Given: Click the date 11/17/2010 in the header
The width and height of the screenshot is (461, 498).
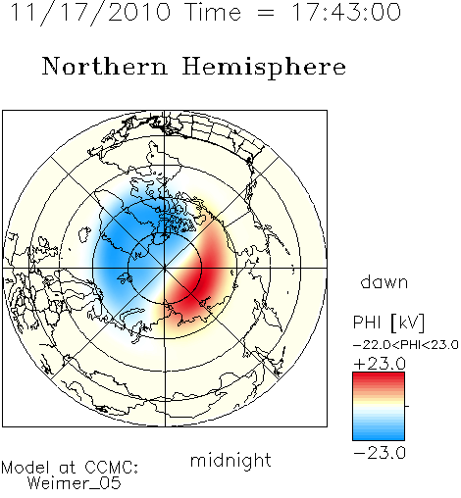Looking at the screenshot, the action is point(90,13).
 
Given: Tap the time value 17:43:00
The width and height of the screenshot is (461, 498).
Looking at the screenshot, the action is point(345,13).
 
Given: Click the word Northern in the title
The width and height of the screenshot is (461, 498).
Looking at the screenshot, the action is point(105,67).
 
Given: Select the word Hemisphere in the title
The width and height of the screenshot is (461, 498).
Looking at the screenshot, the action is point(264,68).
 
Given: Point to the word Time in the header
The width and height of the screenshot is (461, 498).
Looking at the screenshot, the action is point(213,13).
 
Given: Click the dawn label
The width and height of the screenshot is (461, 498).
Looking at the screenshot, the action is point(384,282).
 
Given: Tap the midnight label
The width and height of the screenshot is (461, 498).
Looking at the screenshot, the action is point(230,460).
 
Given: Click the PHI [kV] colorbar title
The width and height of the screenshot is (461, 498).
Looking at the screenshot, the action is point(388,323).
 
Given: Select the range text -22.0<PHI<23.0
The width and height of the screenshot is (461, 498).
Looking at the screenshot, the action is point(405,345).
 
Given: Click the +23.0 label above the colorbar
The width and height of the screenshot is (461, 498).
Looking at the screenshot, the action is point(380,364).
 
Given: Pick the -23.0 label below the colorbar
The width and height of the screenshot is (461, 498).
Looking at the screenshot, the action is point(380,453).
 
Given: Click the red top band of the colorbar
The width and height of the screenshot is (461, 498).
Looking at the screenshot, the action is point(379,376).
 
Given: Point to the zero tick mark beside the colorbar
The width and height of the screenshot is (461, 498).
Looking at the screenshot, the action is point(407,406).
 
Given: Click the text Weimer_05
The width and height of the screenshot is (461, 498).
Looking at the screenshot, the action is point(75,482).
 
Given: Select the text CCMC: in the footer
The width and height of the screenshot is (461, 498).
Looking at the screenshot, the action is point(112,468).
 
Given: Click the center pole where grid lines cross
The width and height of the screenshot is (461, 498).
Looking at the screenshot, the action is point(165,269).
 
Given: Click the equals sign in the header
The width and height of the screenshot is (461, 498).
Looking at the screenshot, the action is point(266,14).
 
